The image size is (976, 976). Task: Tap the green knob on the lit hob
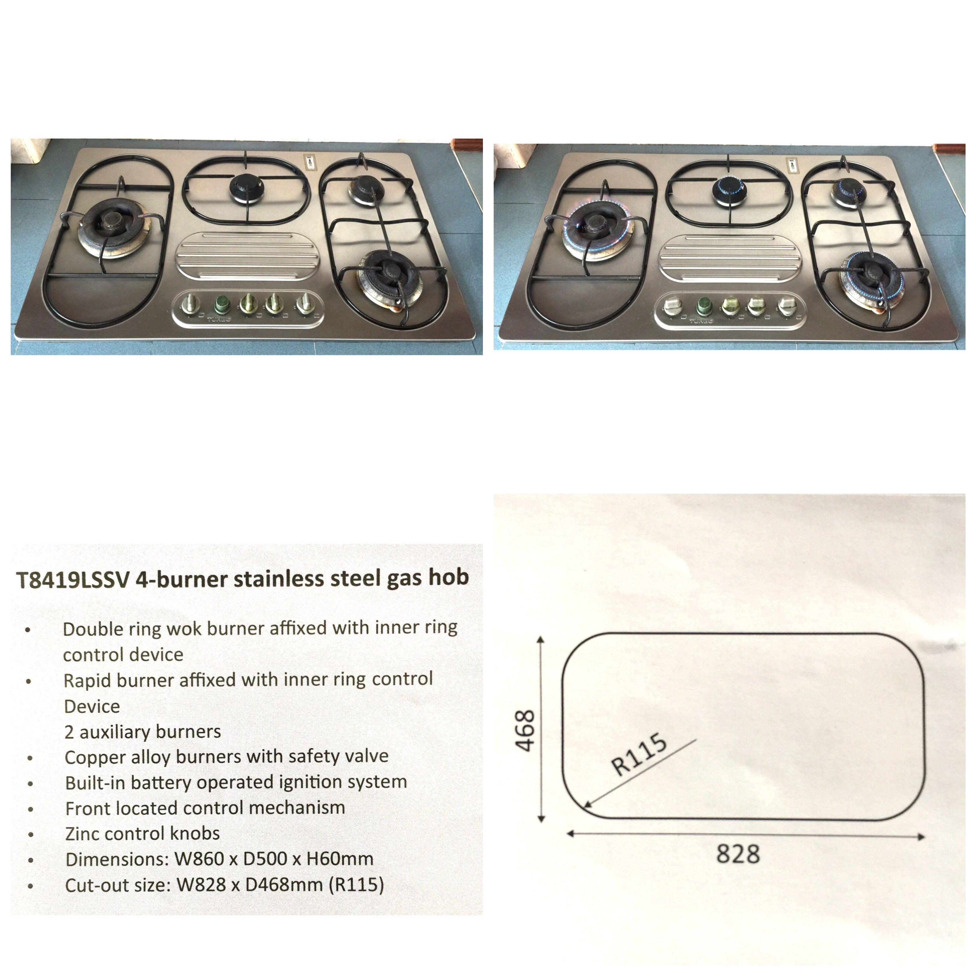point(704,306)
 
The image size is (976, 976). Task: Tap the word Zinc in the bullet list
point(82,834)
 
